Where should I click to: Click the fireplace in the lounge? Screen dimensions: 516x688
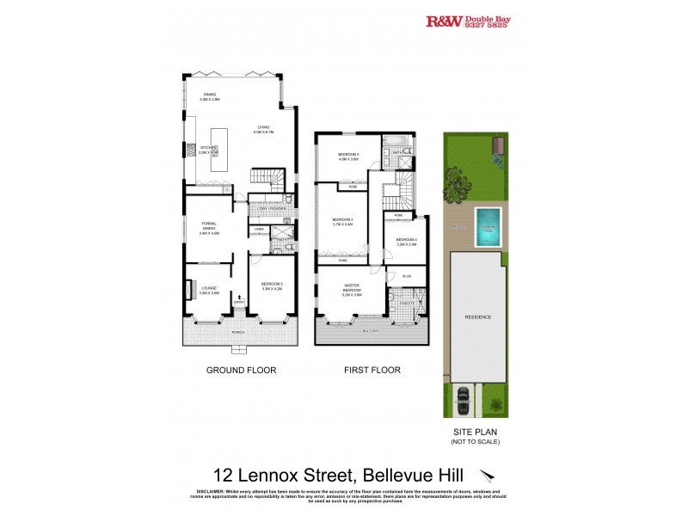click(x=187, y=291)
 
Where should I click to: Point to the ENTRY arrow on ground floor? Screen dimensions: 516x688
click(x=238, y=299)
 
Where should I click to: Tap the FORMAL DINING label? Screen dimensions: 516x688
click(x=209, y=226)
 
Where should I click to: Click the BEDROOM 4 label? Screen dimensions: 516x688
click(x=406, y=241)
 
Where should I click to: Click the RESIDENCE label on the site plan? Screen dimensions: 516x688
click(x=479, y=316)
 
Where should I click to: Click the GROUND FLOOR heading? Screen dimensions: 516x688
click(x=239, y=370)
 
